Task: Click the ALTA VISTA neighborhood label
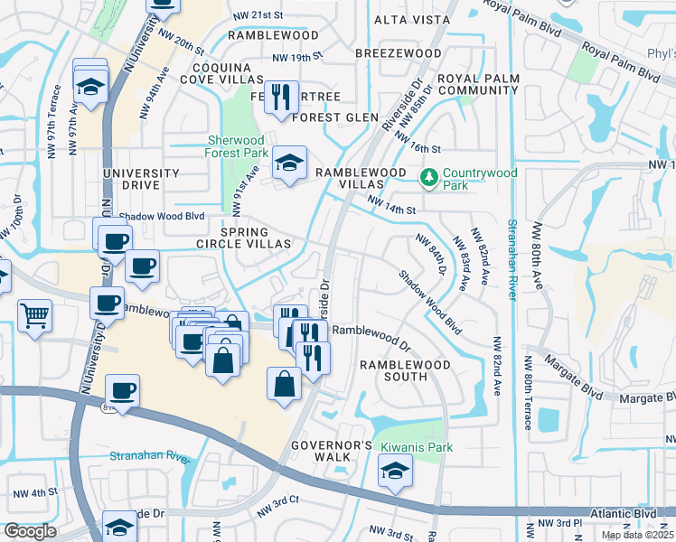coord(411,19)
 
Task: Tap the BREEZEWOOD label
coord(398,54)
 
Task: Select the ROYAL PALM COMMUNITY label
coord(477,84)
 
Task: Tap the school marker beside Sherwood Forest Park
coord(289,164)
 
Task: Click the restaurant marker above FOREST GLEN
coord(281,97)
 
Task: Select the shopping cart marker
coord(34,316)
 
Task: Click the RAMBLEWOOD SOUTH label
coord(405,371)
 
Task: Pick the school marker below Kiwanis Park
coord(395,472)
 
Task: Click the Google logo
coord(30,531)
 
